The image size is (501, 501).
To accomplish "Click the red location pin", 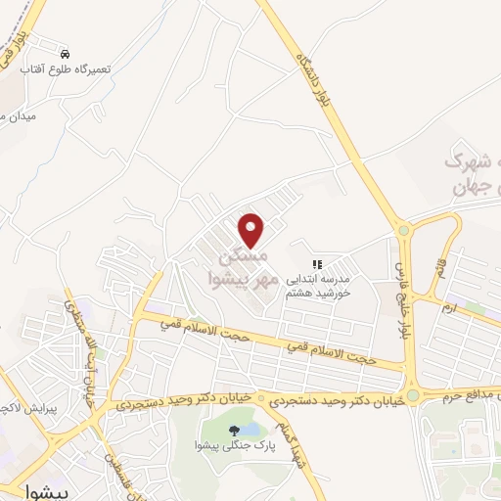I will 252,230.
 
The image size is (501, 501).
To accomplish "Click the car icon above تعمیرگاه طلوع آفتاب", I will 65,54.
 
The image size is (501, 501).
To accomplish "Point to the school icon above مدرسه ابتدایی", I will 316,264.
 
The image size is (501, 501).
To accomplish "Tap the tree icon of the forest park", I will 233,430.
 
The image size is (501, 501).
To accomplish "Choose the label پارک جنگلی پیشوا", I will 233,447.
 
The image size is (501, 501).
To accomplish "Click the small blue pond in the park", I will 251,429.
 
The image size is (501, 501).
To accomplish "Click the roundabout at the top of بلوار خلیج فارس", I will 403,231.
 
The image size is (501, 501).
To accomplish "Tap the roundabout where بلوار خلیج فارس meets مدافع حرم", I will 413,396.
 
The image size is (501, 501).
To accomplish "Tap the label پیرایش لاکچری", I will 21,403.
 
